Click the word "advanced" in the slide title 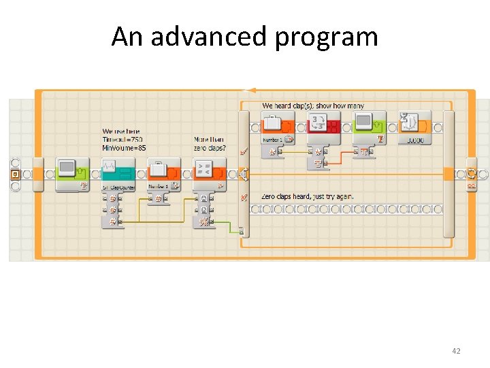coord(209,36)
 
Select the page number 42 coord(456,351)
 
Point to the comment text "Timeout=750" coord(122,139)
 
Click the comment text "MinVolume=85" coord(124,147)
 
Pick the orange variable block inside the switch coord(278,127)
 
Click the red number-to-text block coord(324,127)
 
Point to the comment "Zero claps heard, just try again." coord(307,196)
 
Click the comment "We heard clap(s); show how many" coord(313,106)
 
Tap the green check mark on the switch coord(244,151)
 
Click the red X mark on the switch coord(244,197)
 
